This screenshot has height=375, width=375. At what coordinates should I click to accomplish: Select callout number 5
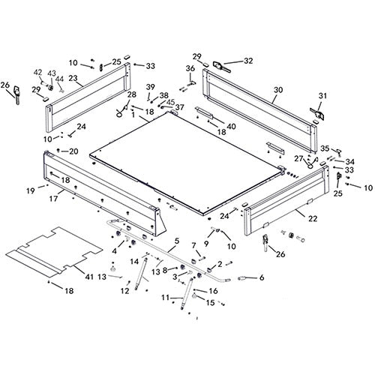click(x=175, y=241)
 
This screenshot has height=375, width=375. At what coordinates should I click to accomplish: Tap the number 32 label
click(x=249, y=61)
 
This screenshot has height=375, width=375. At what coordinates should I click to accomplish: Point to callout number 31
click(x=324, y=95)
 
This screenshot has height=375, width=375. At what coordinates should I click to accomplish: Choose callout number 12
click(x=125, y=289)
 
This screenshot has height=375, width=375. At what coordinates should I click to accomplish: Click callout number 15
click(x=211, y=303)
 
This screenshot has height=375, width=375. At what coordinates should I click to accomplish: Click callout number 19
click(x=31, y=190)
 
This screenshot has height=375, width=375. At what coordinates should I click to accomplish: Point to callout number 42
click(x=37, y=72)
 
